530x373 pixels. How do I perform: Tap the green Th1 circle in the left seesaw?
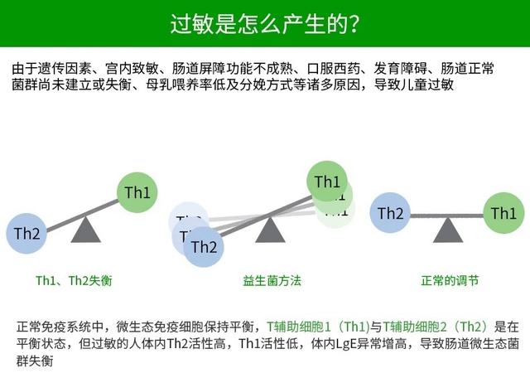pyautogui.click(x=137, y=193)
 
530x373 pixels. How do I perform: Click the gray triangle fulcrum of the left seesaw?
pyautogui.click(x=85, y=230)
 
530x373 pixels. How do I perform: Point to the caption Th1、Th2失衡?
pyautogui.click(x=73, y=281)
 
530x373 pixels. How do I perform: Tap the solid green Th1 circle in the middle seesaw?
pyautogui.click(x=327, y=182)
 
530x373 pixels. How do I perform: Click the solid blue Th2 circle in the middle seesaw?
pyautogui.click(x=204, y=246)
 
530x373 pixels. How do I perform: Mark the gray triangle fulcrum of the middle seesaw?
pyautogui.click(x=267, y=230)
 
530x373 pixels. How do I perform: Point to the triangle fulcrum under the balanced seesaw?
pyautogui.click(x=448, y=230)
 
